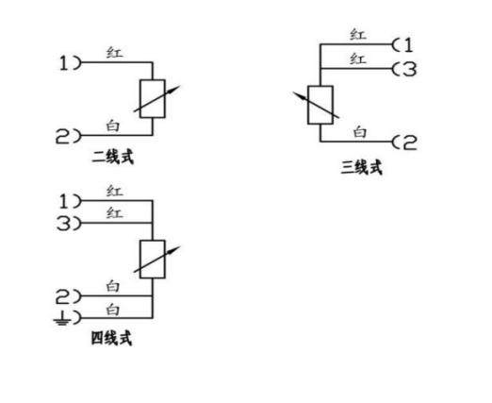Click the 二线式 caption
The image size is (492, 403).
click(112, 157)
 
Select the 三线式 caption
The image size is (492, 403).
click(362, 167)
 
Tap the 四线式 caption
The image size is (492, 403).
click(111, 339)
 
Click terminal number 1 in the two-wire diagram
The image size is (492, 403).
click(64, 63)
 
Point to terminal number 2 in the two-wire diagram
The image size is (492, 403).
click(63, 137)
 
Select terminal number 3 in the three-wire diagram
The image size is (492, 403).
click(409, 69)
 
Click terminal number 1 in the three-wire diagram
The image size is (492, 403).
click(408, 45)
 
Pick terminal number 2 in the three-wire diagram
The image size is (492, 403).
click(410, 143)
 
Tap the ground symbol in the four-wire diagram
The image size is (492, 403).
click(61, 318)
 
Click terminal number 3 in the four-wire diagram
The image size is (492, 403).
click(64, 224)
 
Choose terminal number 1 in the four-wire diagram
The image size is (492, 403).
click(64, 201)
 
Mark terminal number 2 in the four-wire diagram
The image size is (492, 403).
click(63, 297)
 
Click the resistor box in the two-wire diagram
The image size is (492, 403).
click(153, 99)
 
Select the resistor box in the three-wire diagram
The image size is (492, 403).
click(320, 105)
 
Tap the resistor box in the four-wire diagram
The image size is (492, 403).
click(153, 260)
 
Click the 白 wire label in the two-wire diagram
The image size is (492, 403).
click(113, 126)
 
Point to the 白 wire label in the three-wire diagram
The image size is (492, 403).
click(360, 132)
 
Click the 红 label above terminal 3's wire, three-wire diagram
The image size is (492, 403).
click(358, 59)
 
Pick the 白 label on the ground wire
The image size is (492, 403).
click(113, 310)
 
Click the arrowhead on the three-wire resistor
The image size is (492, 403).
click(302, 96)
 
